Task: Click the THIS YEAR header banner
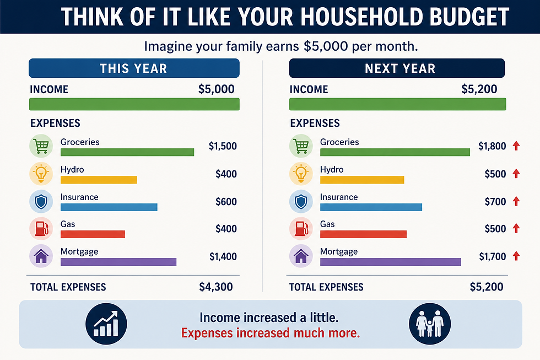134,68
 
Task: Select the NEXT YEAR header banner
397,68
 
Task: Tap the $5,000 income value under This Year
216,89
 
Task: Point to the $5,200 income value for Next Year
479,89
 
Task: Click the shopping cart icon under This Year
41,146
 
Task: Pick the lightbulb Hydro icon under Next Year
301,173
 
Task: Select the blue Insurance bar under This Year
109,207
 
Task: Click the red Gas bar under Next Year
363,234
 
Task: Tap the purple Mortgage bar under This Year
118,262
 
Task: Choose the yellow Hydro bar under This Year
99,180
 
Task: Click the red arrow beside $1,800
516,146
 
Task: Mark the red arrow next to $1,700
516,256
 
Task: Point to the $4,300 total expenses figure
216,287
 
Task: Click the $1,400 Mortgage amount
223,256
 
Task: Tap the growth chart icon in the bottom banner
106,324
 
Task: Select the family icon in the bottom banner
430,324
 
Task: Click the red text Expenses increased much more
271,333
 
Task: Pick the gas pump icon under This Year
41,228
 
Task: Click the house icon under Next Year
301,256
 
